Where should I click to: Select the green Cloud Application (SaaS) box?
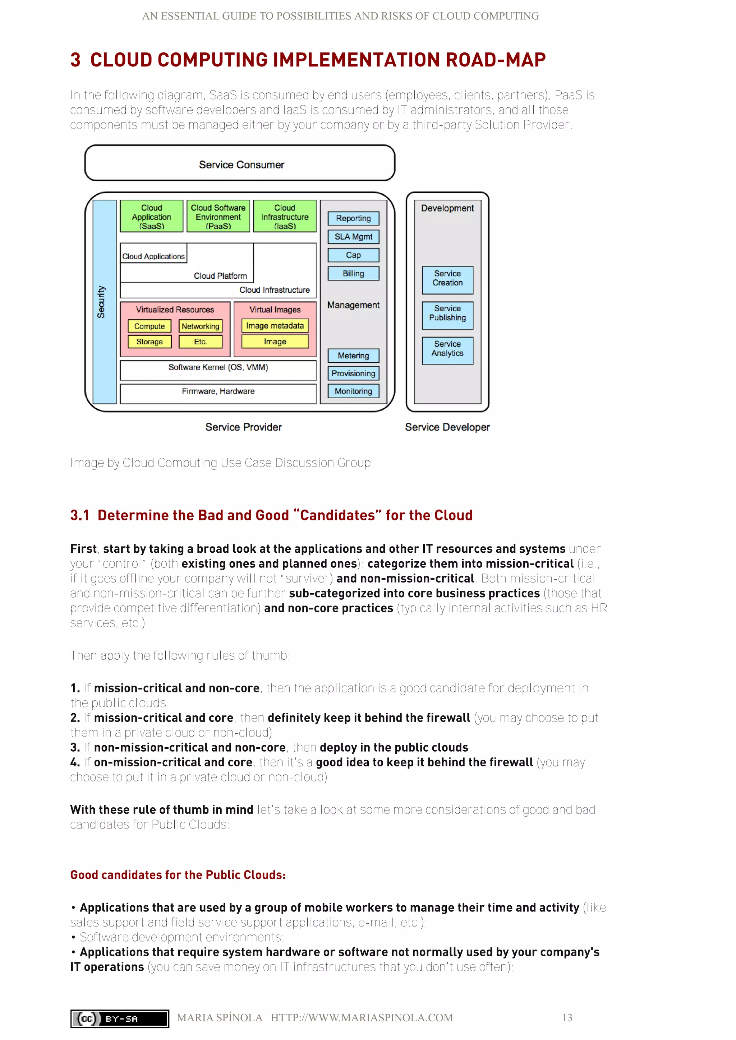[151, 217]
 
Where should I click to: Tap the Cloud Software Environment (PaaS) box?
[218, 217]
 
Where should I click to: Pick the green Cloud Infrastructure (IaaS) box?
[285, 217]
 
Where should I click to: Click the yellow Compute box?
[149, 326]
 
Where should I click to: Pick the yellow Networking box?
[200, 326]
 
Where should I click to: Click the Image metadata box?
[275, 326]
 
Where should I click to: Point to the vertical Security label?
[101, 302]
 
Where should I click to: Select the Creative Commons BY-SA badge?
[120, 1019]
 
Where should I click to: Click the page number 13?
[567, 1018]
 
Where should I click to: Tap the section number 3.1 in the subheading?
[80, 515]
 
